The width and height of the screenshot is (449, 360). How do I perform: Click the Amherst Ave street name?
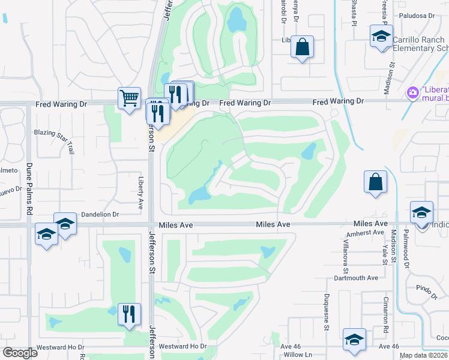click(366, 232)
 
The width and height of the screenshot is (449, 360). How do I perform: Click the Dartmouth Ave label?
click(356, 278)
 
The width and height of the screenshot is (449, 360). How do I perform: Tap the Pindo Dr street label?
click(427, 292)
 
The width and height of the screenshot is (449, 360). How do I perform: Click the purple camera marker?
click(412, 92)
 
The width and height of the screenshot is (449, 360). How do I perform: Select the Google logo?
click(20, 353)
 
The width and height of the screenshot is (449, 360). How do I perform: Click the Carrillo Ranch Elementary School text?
click(420, 44)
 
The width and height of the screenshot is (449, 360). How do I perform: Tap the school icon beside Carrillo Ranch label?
click(381, 36)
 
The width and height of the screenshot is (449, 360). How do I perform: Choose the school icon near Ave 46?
click(354, 339)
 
